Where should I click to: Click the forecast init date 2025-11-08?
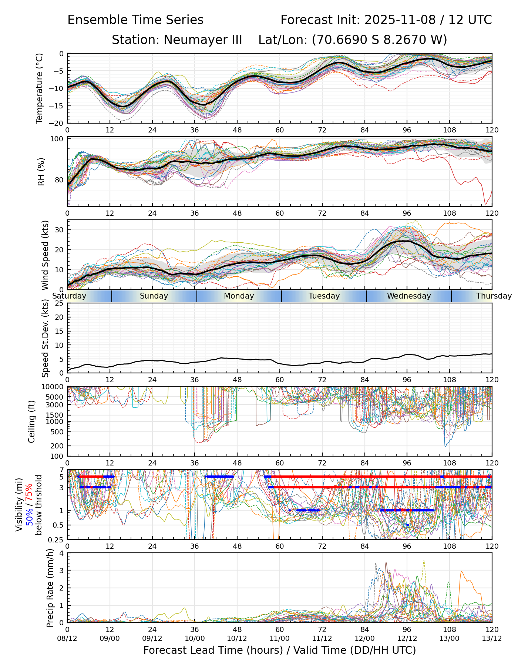pos(400,20)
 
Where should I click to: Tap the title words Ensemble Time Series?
pos(135,20)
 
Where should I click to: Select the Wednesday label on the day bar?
pos(409,296)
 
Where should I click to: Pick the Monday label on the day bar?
pos(239,296)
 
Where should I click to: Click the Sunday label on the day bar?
pos(154,296)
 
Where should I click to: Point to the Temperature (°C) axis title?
pos(40,88)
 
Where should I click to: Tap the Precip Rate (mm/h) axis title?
pos(50,588)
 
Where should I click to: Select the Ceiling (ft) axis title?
pos(32,421)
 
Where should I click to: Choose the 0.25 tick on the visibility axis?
pos(56,539)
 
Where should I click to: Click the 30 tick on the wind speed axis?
pos(59,230)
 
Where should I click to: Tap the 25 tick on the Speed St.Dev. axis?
pos(59,303)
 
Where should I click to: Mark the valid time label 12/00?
pos(364,638)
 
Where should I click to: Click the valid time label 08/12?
pos(67,638)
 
